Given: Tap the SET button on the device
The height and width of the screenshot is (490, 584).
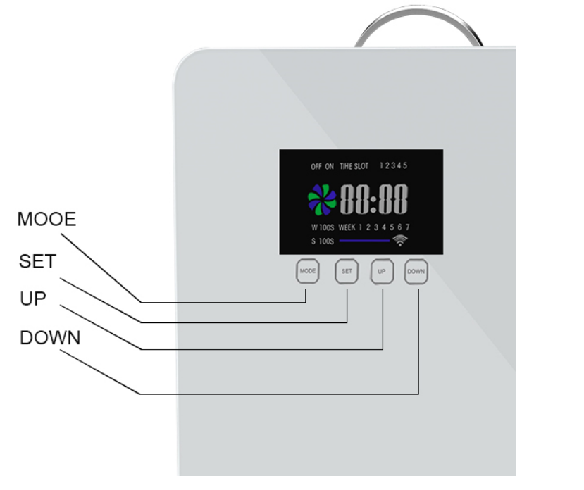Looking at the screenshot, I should [x=347, y=271].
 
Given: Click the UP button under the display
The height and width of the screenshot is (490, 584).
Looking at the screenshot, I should [x=382, y=271].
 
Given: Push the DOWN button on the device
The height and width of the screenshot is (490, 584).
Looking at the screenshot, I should [x=416, y=271].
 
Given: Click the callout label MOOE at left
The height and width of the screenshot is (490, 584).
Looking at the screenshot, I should [x=46, y=220].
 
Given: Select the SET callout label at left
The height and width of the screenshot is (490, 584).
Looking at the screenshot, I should [x=37, y=261].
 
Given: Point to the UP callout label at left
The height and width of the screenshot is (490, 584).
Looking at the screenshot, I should [x=32, y=299].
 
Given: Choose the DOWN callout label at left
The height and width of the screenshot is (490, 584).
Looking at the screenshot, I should [x=50, y=338].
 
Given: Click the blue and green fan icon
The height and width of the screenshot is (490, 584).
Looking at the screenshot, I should [x=323, y=200].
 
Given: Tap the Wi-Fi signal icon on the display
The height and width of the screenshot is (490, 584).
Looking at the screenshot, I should [x=401, y=241].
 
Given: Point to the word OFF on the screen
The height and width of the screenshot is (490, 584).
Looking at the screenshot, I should [x=316, y=167].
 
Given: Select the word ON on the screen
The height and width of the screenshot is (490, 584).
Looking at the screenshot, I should [x=329, y=167].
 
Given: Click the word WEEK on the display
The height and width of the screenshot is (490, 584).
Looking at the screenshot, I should [x=347, y=227].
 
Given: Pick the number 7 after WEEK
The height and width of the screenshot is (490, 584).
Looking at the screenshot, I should [x=407, y=227].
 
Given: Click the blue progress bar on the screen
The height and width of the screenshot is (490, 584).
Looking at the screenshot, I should [x=364, y=241].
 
